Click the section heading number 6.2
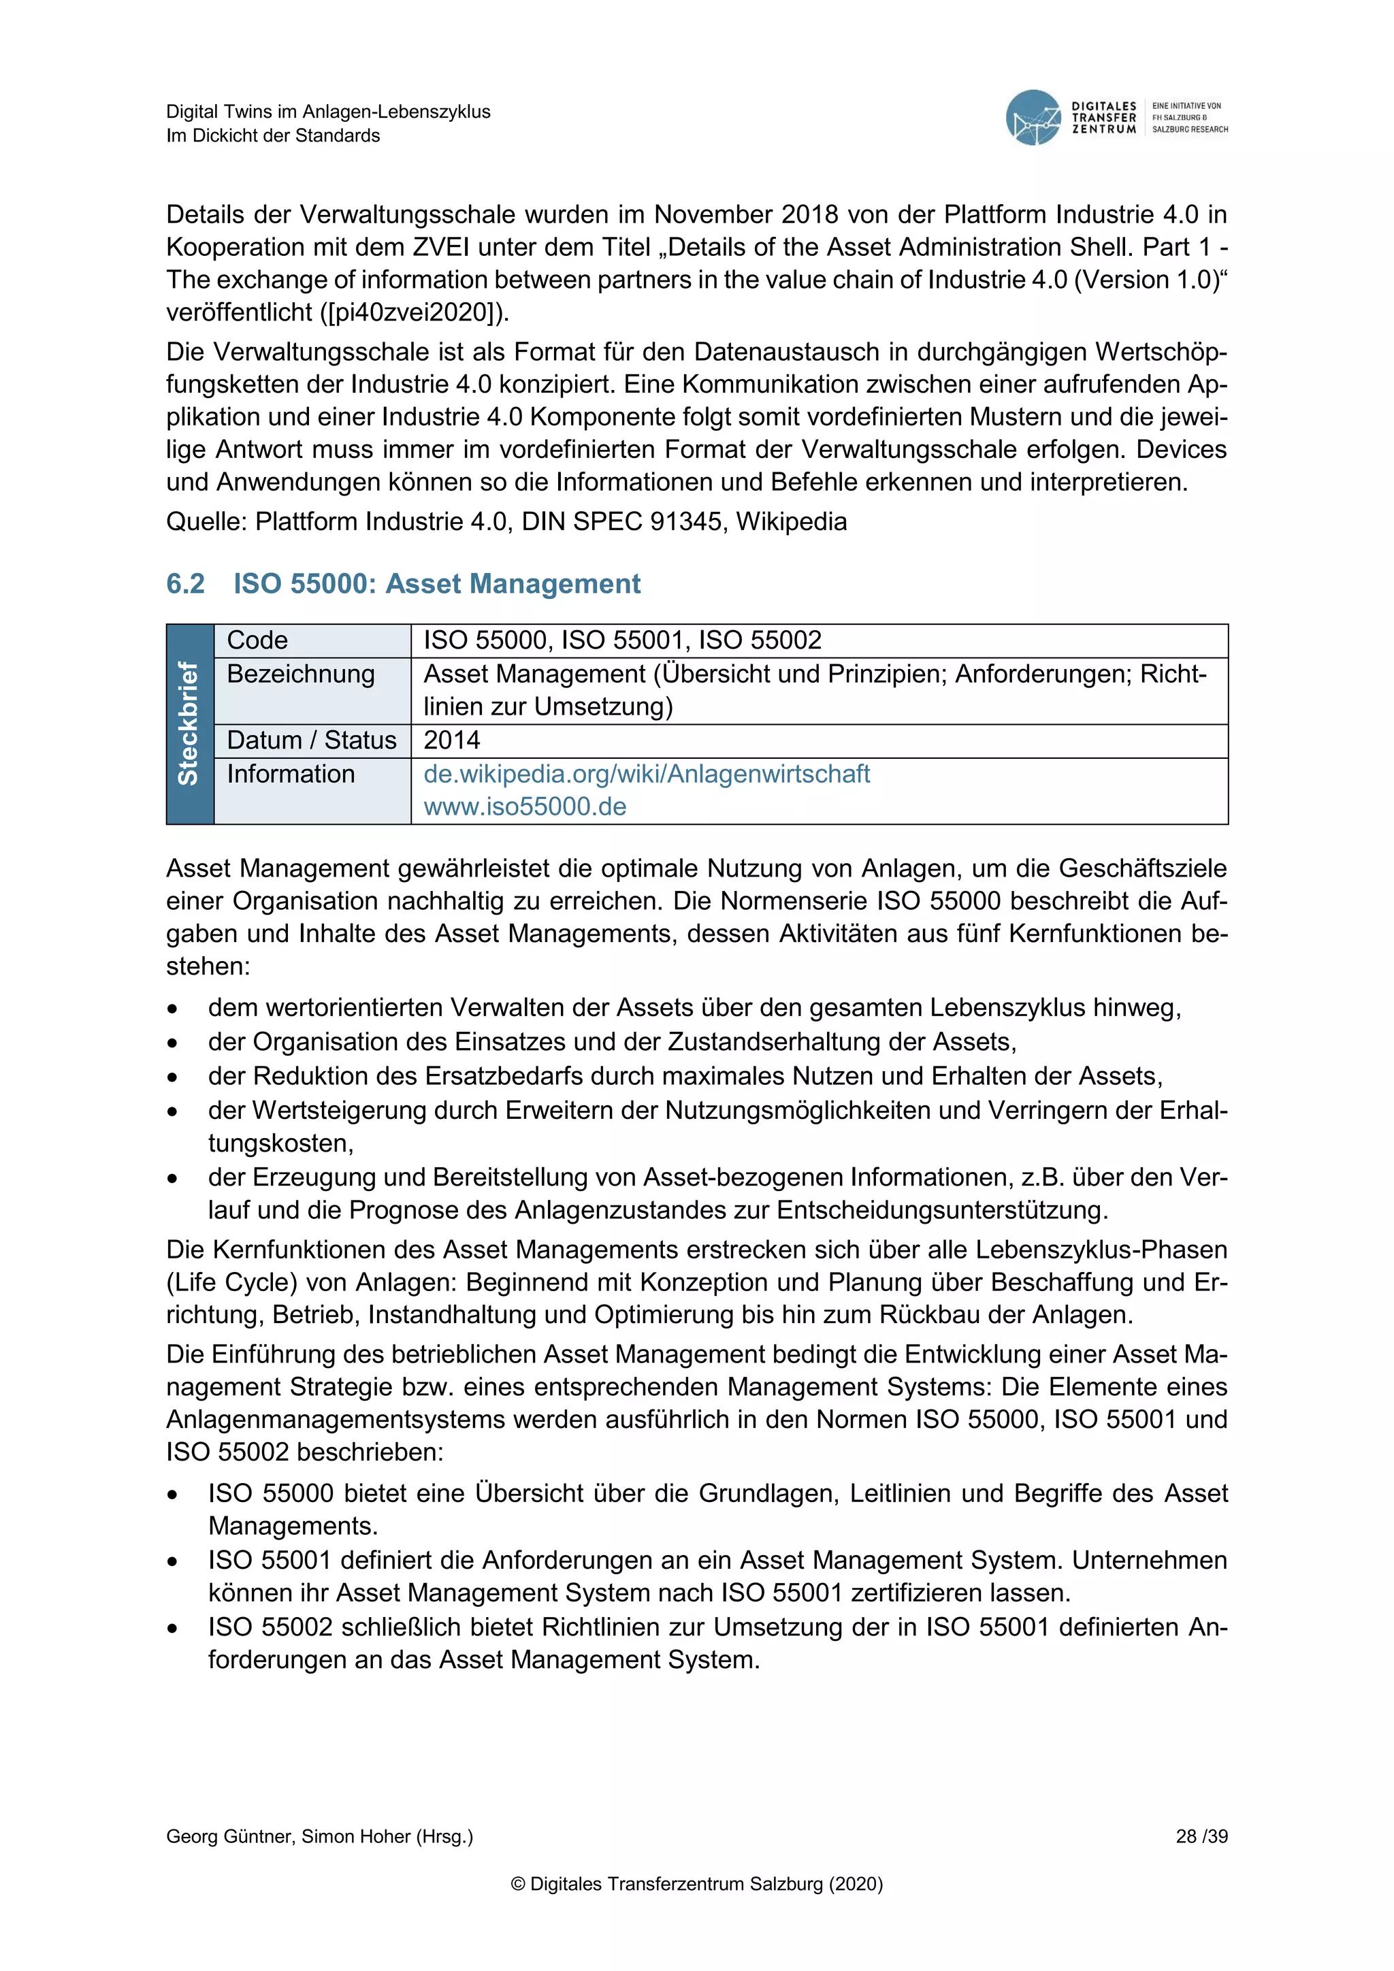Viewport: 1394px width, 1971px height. (x=185, y=584)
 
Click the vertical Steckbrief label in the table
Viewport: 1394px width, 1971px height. (x=189, y=723)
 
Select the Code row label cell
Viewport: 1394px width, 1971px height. (x=257, y=640)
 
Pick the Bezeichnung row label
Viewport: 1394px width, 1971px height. (x=300, y=674)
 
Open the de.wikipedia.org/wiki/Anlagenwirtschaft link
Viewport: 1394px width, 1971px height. (x=647, y=775)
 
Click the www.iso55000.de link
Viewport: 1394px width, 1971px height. (x=525, y=807)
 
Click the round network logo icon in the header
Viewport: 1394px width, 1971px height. (x=1033, y=118)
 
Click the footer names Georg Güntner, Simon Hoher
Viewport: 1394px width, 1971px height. (x=319, y=1836)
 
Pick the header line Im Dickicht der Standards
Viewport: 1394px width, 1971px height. (x=273, y=135)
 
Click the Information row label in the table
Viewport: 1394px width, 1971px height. (x=290, y=775)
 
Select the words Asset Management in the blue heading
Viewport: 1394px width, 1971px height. (x=513, y=584)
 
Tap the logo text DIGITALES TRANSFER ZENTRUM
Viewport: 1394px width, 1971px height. (x=1104, y=118)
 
